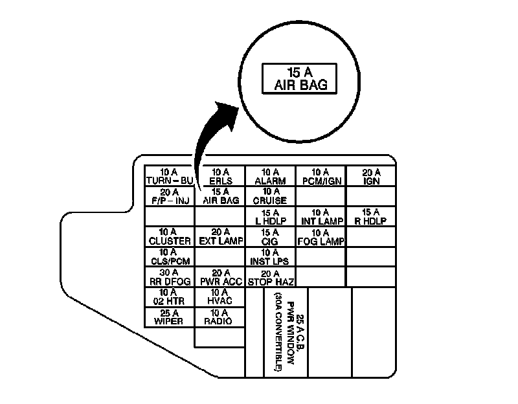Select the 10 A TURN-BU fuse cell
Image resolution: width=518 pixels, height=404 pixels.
[170, 177]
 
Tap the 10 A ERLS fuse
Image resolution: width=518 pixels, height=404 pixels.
[221, 177]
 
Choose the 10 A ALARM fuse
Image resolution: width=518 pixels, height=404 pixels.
[270, 177]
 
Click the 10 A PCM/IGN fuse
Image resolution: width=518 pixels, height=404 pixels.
[321, 177]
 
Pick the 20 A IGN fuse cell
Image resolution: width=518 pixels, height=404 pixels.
[371, 177]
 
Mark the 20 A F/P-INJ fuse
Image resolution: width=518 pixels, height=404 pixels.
[170, 196]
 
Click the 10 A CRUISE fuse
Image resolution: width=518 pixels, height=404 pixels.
[270, 196]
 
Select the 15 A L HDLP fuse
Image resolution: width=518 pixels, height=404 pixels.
[270, 216]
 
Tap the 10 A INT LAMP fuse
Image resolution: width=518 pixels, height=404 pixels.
[321, 216]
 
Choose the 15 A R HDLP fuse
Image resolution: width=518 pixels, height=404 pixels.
[371, 216]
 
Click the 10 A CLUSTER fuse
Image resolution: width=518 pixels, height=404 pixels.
[170, 236]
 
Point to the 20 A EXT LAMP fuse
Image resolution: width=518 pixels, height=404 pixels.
[221, 236]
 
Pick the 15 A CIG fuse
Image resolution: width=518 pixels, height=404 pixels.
[270, 236]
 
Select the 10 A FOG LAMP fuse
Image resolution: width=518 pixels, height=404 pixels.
[321, 236]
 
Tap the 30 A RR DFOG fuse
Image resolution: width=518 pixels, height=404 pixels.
[170, 276]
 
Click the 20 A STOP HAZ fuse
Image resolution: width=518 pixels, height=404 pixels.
[270, 276]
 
